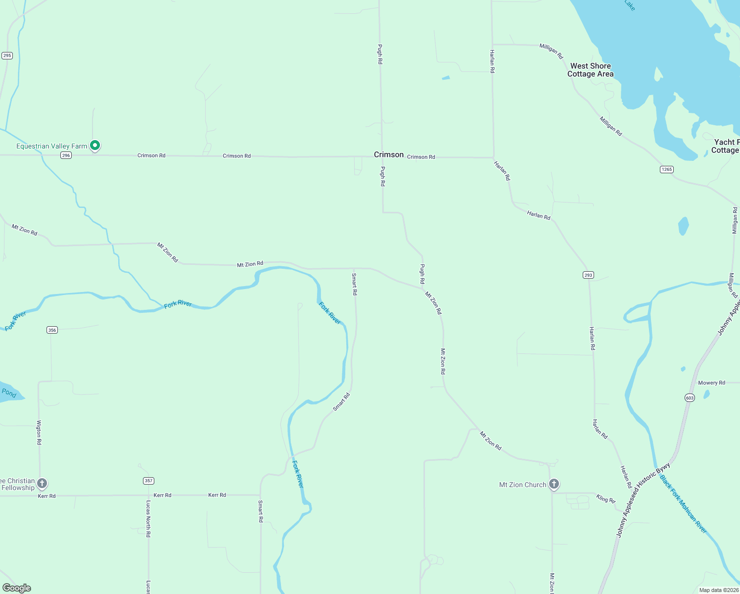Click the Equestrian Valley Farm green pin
coord(95,146)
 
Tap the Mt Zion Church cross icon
coord(554,484)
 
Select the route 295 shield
coord(7,55)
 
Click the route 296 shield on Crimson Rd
coord(66,155)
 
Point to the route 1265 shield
coord(667,169)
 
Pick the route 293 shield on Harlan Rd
coord(588,275)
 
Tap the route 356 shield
coord(52,330)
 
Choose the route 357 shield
coord(148,481)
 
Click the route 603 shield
coord(690,398)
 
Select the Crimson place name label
coord(389,154)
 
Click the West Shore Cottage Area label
coord(590,70)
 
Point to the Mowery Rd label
coord(711,383)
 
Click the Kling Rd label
coord(605,499)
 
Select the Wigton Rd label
coord(39,432)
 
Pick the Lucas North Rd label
coord(148,518)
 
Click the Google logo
coord(17,588)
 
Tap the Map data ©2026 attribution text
coord(719,590)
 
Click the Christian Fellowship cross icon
coord(42,483)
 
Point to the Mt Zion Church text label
coord(522,485)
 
